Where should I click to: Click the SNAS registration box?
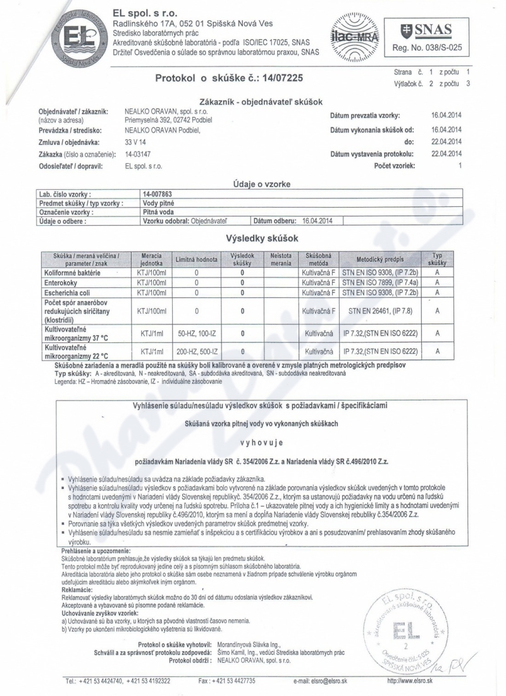coord(427,36)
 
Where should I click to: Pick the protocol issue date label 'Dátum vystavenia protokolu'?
coord(372,154)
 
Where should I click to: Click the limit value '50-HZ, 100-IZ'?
coord(197,332)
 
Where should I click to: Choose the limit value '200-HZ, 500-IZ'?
coord(197,350)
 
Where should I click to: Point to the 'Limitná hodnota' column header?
coord(197,259)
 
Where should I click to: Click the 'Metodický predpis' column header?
coord(381,259)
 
